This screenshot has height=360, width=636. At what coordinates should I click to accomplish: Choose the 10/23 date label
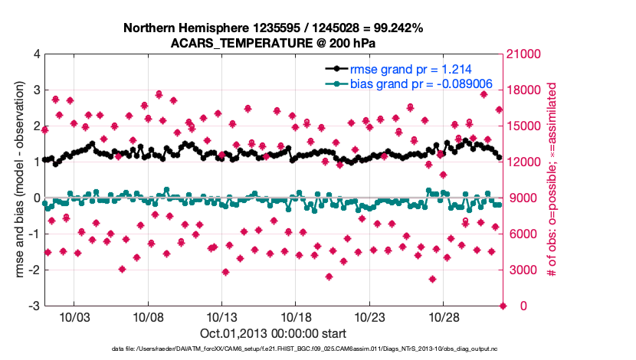371,316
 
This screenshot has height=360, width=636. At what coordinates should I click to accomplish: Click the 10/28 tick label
444,316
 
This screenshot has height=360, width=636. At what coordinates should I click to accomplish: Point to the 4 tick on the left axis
35,54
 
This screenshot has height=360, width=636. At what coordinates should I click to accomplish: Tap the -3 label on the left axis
33,306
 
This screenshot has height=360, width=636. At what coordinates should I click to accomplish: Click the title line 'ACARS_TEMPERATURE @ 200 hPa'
274,43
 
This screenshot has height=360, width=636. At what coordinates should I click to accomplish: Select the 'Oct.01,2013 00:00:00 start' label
273,333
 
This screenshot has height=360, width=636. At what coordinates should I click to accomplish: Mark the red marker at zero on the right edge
503,306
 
